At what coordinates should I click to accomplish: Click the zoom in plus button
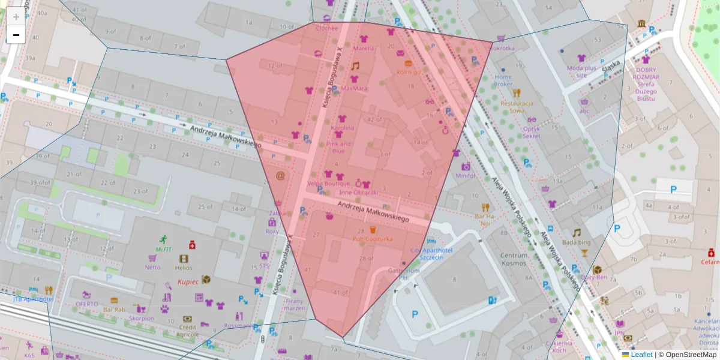pos(16,17)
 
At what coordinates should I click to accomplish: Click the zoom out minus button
pos(16,35)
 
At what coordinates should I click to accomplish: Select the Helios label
pos(184,268)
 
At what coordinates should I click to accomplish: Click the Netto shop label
pos(152,268)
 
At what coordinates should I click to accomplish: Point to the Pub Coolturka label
pos(373,239)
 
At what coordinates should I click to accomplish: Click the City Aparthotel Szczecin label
pos(431,253)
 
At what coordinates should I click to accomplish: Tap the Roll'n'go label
pos(409,72)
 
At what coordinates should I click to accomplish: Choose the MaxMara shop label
pos(354,88)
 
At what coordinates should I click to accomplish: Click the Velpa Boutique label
pos(328,184)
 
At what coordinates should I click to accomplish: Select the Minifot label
pos(465,176)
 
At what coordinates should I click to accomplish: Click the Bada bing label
pos(577,242)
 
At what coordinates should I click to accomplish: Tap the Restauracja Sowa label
pos(517,106)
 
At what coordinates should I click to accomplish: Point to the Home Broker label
pos(503,80)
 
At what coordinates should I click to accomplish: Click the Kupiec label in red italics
pos(188,281)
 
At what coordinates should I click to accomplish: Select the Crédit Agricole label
pos(188,331)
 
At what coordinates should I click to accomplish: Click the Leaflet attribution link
pos(641,355)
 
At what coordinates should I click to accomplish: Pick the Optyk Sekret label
pos(531,132)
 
